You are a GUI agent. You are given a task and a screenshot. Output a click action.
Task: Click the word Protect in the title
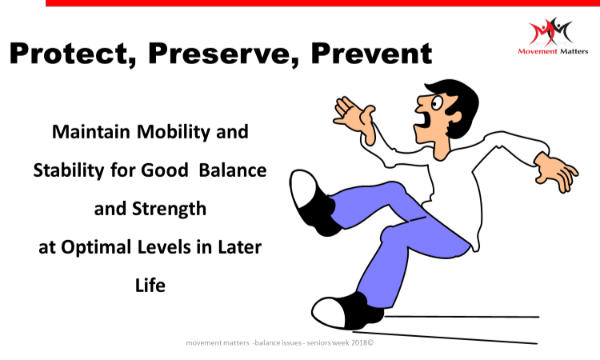pyautogui.click(x=71, y=53)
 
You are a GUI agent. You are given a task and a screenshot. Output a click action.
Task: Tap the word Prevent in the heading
pyautogui.click(x=371, y=53)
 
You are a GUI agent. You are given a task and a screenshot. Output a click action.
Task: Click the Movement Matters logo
pyautogui.click(x=553, y=36)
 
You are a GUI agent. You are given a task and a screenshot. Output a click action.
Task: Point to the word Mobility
pyautogui.click(x=174, y=132)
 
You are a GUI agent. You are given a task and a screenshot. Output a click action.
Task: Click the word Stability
pyautogui.click(x=69, y=170)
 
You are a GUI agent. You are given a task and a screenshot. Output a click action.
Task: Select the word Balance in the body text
pyautogui.click(x=232, y=170)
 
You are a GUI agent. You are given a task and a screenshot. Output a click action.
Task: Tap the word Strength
pyautogui.click(x=169, y=210)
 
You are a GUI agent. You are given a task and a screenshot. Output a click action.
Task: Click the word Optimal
pyautogui.click(x=96, y=247)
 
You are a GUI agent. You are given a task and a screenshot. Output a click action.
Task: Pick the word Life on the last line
pyautogui.click(x=150, y=286)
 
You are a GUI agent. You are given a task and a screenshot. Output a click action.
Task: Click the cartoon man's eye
pyautogui.click(x=437, y=103)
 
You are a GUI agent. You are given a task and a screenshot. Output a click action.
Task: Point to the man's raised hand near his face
pyautogui.click(x=354, y=116)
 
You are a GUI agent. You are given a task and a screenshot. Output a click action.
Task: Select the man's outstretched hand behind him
pyautogui.click(x=557, y=171)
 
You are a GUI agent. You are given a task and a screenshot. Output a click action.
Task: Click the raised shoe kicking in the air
pyautogui.click(x=312, y=202)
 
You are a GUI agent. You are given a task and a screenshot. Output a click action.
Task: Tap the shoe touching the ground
pyautogui.click(x=347, y=312)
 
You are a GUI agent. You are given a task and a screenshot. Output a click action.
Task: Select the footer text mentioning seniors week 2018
pyautogui.click(x=280, y=342)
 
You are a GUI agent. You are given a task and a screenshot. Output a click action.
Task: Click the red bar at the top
pyautogui.click(x=322, y=3)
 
